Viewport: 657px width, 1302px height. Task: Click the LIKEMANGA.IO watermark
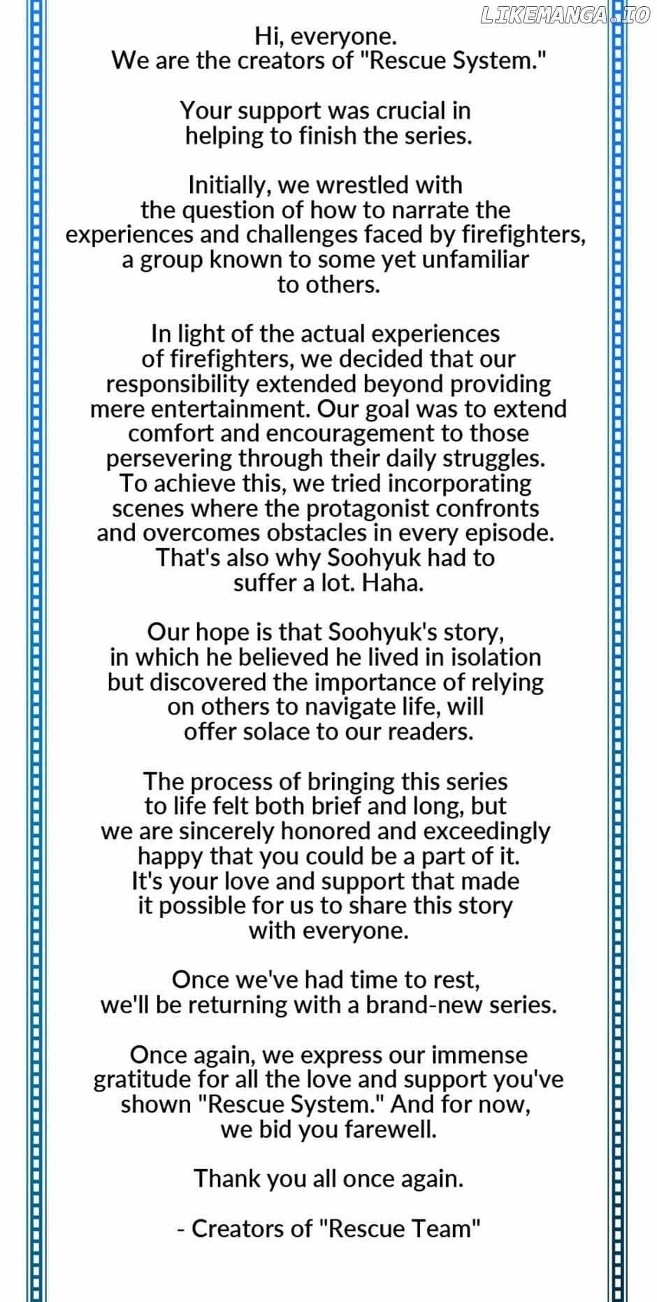pos(565,16)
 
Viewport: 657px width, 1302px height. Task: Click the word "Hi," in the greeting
pos(268,36)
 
